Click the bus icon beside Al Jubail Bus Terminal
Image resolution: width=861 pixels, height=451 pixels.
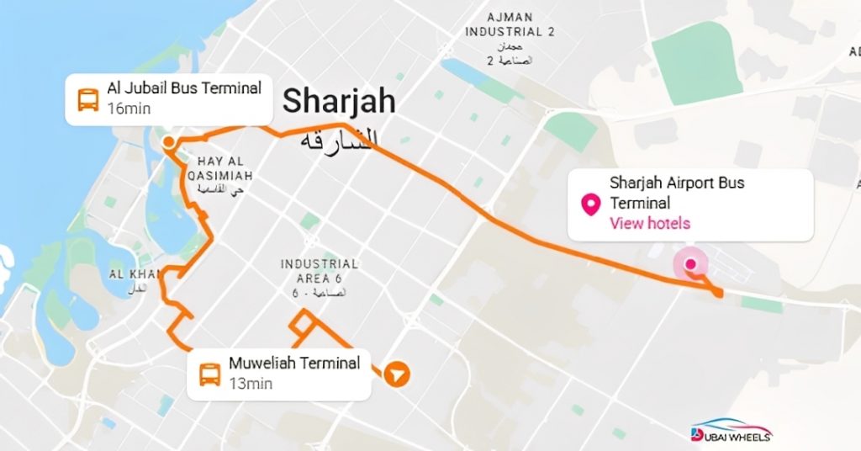coord(87,99)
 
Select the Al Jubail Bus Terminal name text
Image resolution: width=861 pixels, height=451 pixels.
coord(184,88)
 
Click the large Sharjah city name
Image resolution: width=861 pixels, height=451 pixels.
coord(339,102)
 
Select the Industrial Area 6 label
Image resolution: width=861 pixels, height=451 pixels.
coord(319,271)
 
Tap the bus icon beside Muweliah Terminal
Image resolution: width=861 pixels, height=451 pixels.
coord(209,374)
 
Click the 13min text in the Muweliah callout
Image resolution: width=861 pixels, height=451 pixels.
coord(251,384)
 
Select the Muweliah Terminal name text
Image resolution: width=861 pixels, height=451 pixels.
coord(294,363)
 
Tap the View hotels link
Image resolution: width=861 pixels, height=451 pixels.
coord(650,223)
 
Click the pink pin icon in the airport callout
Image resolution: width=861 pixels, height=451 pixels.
coord(592,203)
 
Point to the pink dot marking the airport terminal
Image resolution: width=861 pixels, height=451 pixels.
coord(690,264)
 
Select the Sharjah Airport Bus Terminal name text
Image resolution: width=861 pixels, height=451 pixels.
coord(677,193)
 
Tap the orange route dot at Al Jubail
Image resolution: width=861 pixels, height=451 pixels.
coord(168,142)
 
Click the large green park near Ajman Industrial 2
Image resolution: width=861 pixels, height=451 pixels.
coord(692,61)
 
